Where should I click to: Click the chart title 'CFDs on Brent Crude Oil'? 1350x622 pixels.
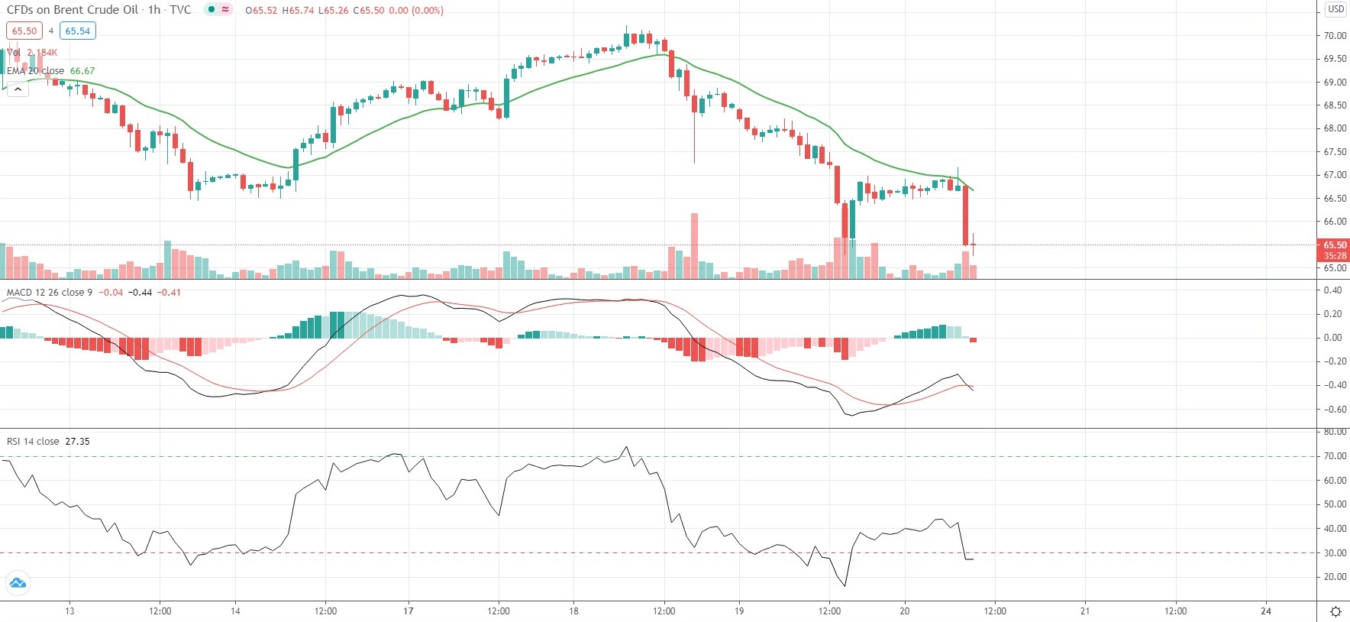[73, 10]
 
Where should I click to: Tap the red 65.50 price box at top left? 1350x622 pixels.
[24, 31]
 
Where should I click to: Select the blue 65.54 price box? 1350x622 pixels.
[77, 31]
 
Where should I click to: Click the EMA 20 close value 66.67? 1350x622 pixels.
[82, 71]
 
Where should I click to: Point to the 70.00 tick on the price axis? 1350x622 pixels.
[1335, 36]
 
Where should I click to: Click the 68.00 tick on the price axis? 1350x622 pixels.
[1335, 128]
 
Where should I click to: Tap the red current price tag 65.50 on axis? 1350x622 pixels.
[1334, 245]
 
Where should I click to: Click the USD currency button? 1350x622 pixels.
[1335, 9]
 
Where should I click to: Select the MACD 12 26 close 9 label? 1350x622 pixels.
[49, 293]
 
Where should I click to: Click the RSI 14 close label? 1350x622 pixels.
[33, 442]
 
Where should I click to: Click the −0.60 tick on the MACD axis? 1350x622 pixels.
[1332, 410]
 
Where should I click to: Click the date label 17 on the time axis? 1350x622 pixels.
[409, 611]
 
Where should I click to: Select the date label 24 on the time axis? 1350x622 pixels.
[1266, 611]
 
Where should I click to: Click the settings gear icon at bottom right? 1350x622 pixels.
[1335, 611]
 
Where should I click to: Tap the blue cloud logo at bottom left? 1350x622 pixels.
[17, 584]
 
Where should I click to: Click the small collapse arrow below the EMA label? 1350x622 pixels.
[17, 89]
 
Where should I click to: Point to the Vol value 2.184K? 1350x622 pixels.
[42, 53]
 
